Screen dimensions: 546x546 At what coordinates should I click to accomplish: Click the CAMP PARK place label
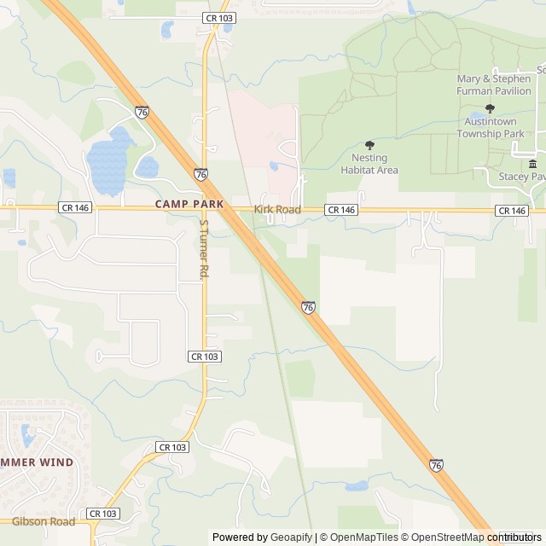[189, 205]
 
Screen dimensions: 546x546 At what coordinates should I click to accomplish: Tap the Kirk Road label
[277, 209]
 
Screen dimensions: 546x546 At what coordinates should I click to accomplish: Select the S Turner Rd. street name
[203, 249]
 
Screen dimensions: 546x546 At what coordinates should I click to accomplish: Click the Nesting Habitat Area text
[369, 164]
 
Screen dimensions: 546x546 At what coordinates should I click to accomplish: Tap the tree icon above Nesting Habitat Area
[369, 145]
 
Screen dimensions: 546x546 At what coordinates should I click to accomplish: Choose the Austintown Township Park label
[490, 128]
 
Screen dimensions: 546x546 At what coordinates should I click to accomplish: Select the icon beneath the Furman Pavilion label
[490, 108]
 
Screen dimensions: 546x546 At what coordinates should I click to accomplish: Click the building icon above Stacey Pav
[532, 164]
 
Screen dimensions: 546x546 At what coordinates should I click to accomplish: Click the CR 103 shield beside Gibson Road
[103, 514]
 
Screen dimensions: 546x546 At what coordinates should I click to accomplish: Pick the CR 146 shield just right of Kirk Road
[340, 210]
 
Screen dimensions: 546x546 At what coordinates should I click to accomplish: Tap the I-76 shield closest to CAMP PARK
[200, 174]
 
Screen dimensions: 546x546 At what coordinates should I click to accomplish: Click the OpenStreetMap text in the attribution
[443, 537]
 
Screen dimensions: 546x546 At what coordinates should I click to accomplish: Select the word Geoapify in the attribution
[292, 537]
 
